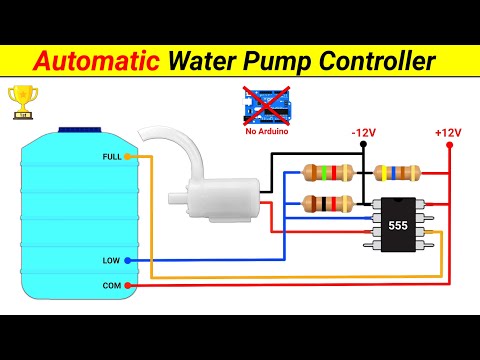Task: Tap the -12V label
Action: pos(364,132)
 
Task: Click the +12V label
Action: pos(447,132)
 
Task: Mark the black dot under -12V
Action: pos(364,145)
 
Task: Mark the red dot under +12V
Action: pos(448,145)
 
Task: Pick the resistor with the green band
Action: pos(327,174)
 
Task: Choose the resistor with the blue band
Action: pos(397,174)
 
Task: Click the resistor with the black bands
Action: pos(327,204)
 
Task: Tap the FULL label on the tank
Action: pos(113,157)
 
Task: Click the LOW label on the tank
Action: pos(111,260)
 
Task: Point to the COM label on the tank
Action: pos(111,285)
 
